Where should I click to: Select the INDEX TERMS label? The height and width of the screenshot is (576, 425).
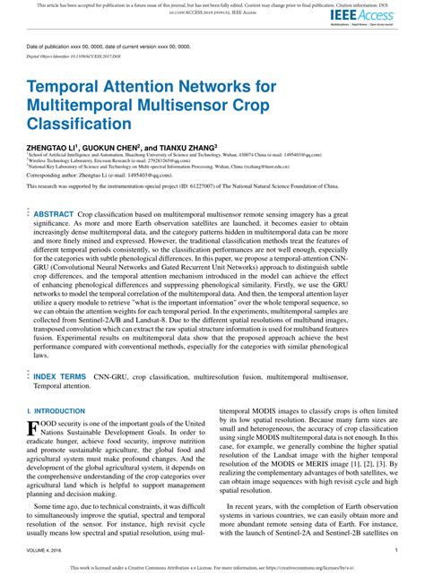click(x=60, y=377)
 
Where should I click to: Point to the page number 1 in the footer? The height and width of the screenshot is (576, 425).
click(x=395, y=549)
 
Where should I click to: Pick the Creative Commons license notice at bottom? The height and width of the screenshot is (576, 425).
click(x=212, y=567)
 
